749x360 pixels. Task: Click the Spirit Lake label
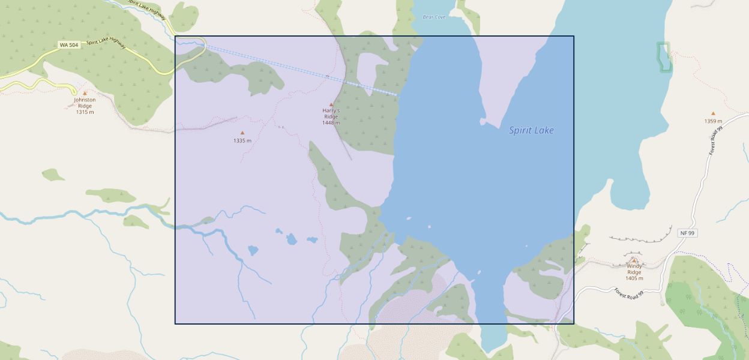pyautogui.click(x=531, y=130)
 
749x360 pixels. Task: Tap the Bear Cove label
pyautogui.click(x=434, y=17)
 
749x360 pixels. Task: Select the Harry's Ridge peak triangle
pyautogui.click(x=331, y=104)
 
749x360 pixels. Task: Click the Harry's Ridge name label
pyautogui.click(x=331, y=113)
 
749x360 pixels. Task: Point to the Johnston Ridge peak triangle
pyautogui.click(x=85, y=93)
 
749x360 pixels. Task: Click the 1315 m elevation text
pyautogui.click(x=85, y=112)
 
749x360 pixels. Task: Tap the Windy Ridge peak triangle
pyautogui.click(x=634, y=260)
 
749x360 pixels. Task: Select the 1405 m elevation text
pyautogui.click(x=634, y=278)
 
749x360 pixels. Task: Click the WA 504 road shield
pyautogui.click(x=69, y=45)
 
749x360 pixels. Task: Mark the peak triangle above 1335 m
pyautogui.click(x=242, y=133)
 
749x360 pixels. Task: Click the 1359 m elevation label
pyautogui.click(x=713, y=121)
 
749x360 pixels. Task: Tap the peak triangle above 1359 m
pyautogui.click(x=713, y=113)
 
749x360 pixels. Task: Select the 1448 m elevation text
pyautogui.click(x=331, y=123)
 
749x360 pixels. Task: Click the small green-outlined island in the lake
pyautogui.click(x=663, y=58)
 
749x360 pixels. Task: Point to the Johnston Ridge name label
pyautogui.click(x=85, y=103)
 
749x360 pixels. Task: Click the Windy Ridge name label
pyautogui.click(x=634, y=269)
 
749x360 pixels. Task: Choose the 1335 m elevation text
pyautogui.click(x=242, y=140)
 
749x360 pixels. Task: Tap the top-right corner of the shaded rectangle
pyautogui.click(x=574, y=36)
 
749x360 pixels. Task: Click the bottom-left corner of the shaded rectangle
pyautogui.click(x=175, y=323)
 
